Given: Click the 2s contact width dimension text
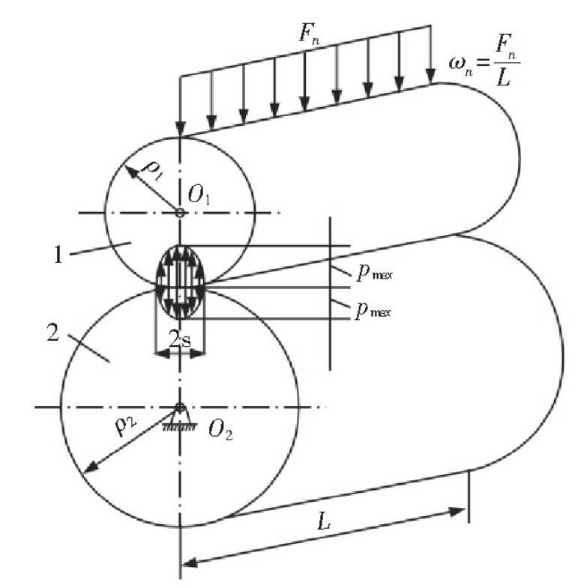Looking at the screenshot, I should pos(180,340).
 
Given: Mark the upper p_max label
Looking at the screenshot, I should pos(371,275).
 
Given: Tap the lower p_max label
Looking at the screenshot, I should pos(371,307).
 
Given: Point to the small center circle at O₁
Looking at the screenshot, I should pos(180,213).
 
